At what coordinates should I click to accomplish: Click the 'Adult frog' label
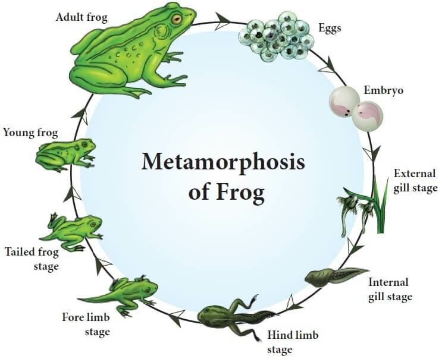pos(81,17)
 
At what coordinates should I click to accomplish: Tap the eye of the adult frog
pos(177,20)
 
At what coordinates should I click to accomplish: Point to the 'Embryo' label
pos(384,91)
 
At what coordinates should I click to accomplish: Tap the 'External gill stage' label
pos(415,181)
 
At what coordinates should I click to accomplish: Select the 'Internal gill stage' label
pos(390,289)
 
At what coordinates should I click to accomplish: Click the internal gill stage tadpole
pos(333,276)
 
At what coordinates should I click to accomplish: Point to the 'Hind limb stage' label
pos(292,342)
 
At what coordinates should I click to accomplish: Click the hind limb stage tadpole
pos(232,315)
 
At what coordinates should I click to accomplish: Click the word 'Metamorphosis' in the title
pos(222,163)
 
